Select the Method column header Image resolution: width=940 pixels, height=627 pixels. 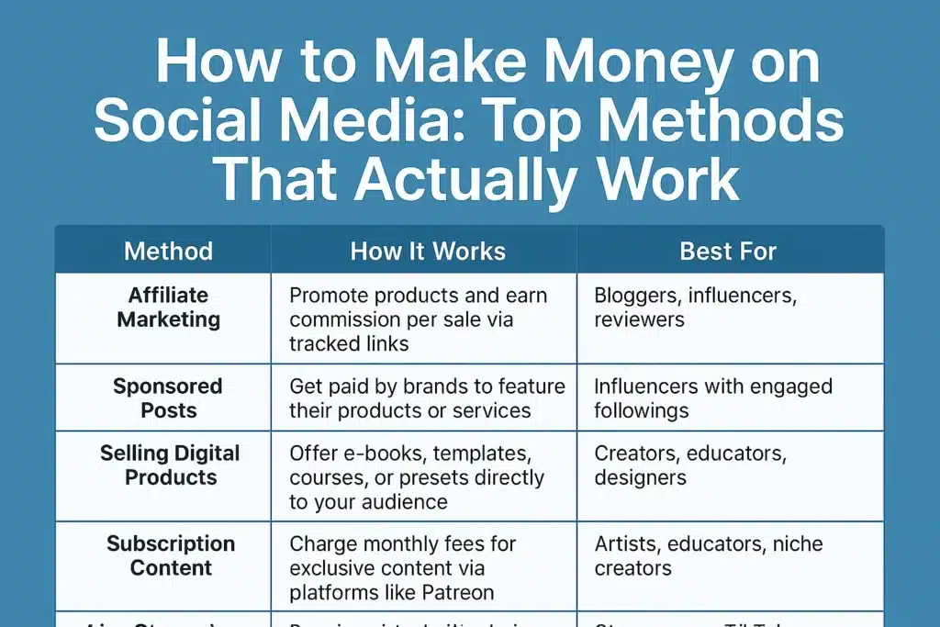coord(168,251)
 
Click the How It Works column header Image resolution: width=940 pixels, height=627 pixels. coord(428,251)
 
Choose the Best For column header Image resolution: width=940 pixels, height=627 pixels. coord(728,251)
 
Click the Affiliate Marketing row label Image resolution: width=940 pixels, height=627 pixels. coord(168,308)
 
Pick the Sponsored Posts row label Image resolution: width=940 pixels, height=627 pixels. coord(168,397)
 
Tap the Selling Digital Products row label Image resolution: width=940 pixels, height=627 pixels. coord(170,465)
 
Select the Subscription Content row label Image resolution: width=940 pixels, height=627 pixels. coord(170,555)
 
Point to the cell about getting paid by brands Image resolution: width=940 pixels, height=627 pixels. coord(427,398)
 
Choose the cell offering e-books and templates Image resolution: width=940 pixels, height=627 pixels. coord(417,477)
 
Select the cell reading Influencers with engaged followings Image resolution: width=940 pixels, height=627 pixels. coord(713,398)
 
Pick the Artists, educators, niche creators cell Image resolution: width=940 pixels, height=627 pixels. coord(707,556)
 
